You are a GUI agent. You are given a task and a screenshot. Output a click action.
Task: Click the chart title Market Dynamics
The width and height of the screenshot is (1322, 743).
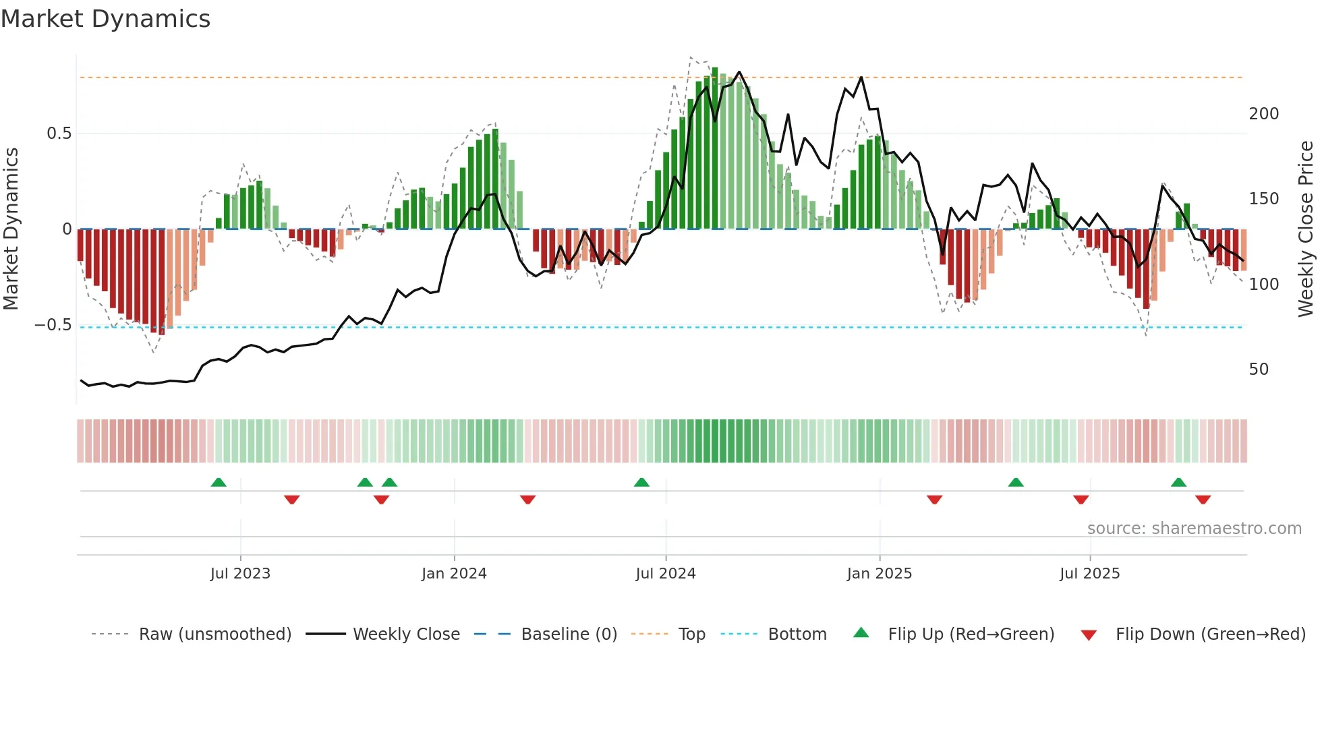click(106, 19)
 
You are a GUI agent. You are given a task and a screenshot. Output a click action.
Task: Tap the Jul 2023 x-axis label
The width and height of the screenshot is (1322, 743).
click(240, 574)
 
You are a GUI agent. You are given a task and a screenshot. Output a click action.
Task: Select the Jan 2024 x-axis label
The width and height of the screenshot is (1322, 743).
click(454, 574)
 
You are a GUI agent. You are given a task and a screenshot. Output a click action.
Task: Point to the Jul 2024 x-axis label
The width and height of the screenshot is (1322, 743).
click(666, 574)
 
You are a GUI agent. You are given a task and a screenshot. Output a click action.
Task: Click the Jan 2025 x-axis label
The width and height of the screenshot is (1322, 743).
click(880, 574)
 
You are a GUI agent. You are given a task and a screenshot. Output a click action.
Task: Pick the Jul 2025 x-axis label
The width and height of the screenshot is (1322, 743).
click(1090, 574)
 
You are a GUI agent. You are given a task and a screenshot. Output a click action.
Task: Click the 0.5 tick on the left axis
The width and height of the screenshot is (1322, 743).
click(59, 133)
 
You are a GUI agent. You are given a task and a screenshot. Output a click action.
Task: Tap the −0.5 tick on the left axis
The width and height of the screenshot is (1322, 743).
click(53, 325)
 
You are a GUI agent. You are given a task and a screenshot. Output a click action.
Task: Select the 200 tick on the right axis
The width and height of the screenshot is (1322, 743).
click(1263, 114)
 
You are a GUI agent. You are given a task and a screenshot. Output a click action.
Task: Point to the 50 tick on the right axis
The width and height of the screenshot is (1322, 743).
click(1259, 369)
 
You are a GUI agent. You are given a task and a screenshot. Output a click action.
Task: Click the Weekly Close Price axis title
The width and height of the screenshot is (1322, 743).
click(1306, 229)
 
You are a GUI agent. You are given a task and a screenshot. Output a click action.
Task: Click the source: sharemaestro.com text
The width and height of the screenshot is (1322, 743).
click(1194, 529)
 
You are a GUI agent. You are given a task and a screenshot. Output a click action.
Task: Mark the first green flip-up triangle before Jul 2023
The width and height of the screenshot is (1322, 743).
click(219, 483)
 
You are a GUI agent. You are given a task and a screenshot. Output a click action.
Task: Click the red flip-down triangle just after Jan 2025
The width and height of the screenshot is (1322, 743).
click(934, 500)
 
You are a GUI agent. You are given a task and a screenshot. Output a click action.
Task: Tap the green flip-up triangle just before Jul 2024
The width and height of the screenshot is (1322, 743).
click(641, 483)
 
